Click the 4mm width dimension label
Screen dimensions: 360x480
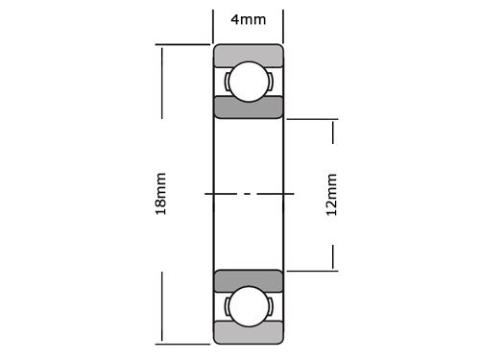click(248, 19)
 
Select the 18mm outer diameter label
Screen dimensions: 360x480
click(161, 194)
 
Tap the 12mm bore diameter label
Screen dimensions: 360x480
click(332, 194)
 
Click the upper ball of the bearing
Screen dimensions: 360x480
click(248, 81)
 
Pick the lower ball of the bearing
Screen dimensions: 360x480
click(248, 307)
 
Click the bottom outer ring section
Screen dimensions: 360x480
click(248, 334)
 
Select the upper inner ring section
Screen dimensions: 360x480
click(248, 107)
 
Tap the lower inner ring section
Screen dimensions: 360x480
click(248, 280)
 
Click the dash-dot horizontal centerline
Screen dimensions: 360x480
click(248, 194)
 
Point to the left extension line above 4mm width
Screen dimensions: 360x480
click(212, 24)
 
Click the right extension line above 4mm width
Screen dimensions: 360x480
click(283, 24)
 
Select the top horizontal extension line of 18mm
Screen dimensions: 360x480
click(182, 44)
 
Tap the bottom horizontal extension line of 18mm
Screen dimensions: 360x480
click(182, 343)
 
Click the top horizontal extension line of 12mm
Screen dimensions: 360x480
click(312, 119)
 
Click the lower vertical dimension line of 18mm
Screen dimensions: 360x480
click(161, 307)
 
